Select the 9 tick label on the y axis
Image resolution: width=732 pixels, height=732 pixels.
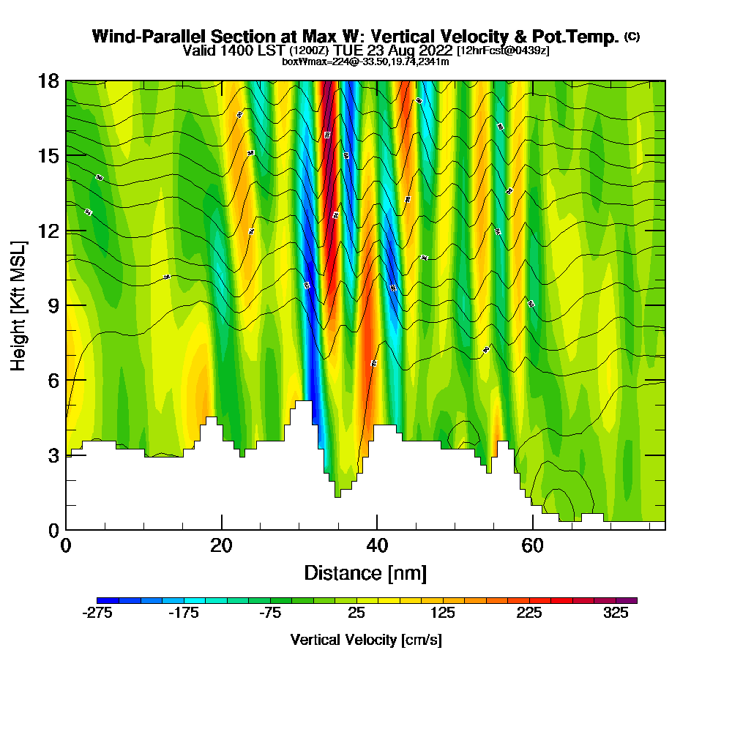(53, 305)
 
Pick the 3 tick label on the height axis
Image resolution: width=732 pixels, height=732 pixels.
(53, 455)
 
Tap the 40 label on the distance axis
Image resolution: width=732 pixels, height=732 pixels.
(377, 546)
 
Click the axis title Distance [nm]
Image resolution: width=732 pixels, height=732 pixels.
(365, 572)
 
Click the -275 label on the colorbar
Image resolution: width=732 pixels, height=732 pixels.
(97, 613)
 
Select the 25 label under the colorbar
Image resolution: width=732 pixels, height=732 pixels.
(356, 613)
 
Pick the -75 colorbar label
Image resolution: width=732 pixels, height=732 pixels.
(270, 613)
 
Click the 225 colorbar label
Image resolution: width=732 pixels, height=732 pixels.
(530, 613)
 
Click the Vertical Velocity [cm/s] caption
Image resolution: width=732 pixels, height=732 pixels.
(366, 640)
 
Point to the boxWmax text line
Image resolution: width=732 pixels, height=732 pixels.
(365, 61)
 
